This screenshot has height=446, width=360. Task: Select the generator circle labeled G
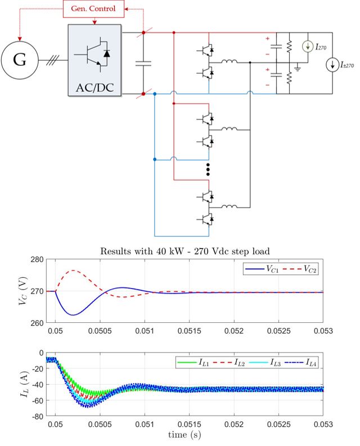pyautogui.click(x=20, y=60)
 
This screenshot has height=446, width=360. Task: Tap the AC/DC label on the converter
pyautogui.click(x=94, y=87)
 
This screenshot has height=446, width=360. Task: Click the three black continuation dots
pyautogui.click(x=208, y=170)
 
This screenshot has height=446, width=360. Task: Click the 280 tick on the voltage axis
pyautogui.click(x=37, y=260)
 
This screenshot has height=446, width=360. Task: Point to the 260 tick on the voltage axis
pyautogui.click(x=37, y=323)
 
